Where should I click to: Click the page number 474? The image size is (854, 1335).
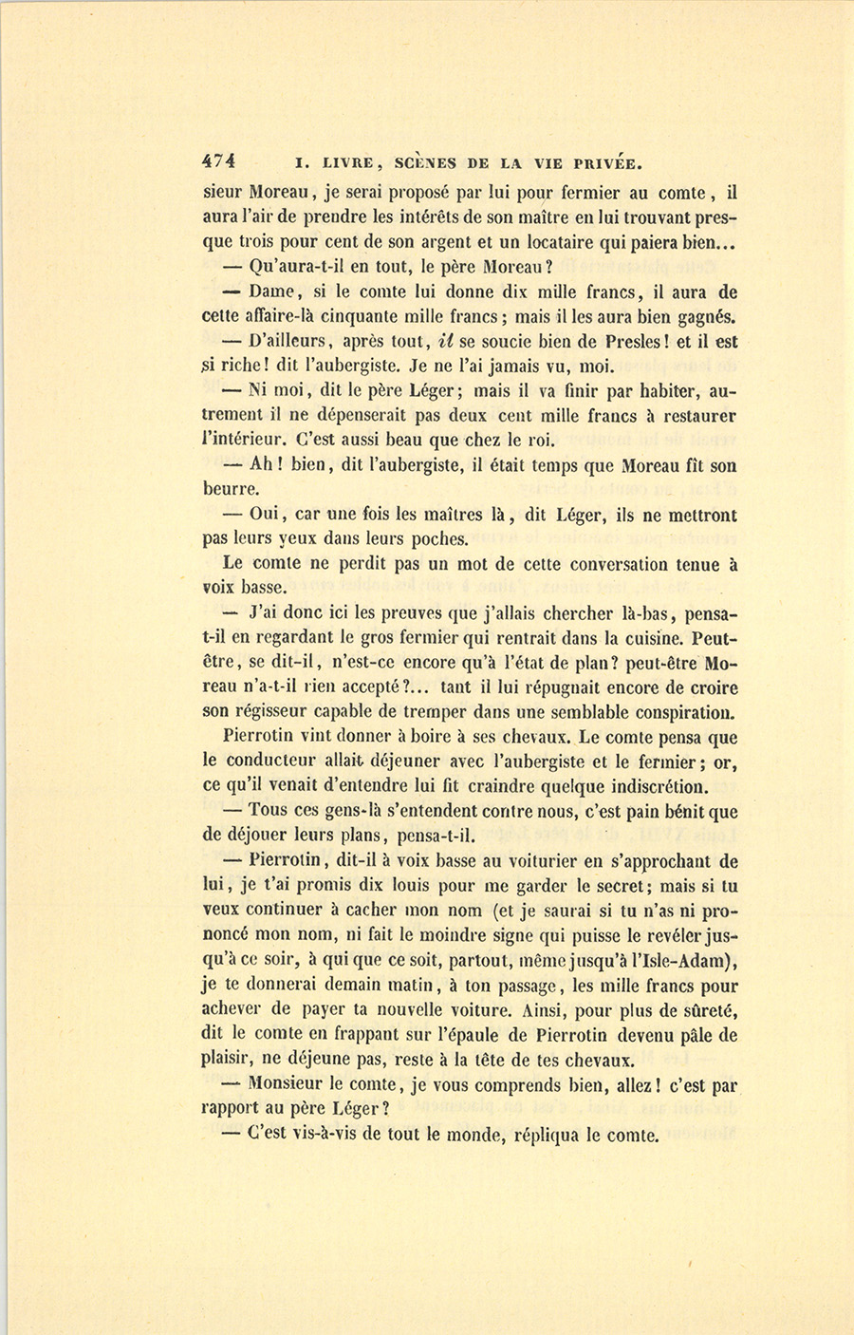point(219,160)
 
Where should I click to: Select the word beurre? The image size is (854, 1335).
point(230,490)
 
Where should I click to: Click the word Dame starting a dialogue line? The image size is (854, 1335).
point(272,292)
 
